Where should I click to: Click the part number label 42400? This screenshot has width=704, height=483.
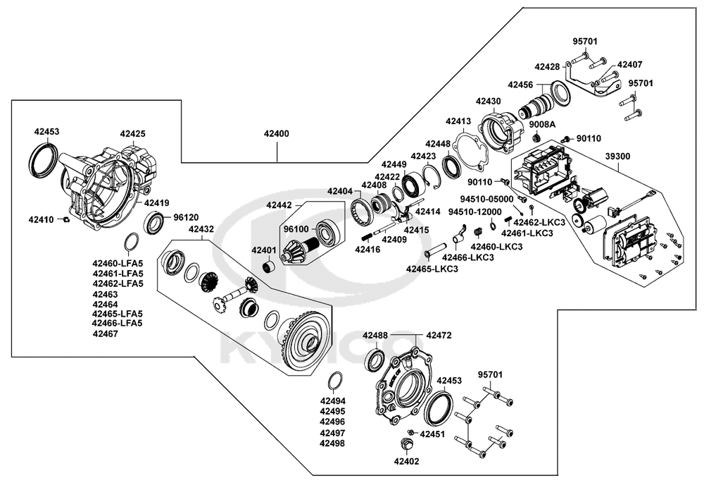coord(277,133)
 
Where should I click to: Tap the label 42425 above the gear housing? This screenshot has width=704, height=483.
coord(132,133)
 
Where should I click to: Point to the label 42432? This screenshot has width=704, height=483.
coord(201,229)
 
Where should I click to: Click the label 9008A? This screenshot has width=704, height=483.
coord(543,124)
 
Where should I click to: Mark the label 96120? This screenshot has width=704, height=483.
coord(186,218)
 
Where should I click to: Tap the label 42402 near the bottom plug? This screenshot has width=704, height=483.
coord(406,462)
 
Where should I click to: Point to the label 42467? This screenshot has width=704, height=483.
coord(105,334)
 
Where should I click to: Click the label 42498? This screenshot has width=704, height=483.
coord(332,444)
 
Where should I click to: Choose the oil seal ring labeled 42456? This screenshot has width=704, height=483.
coord(560,93)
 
